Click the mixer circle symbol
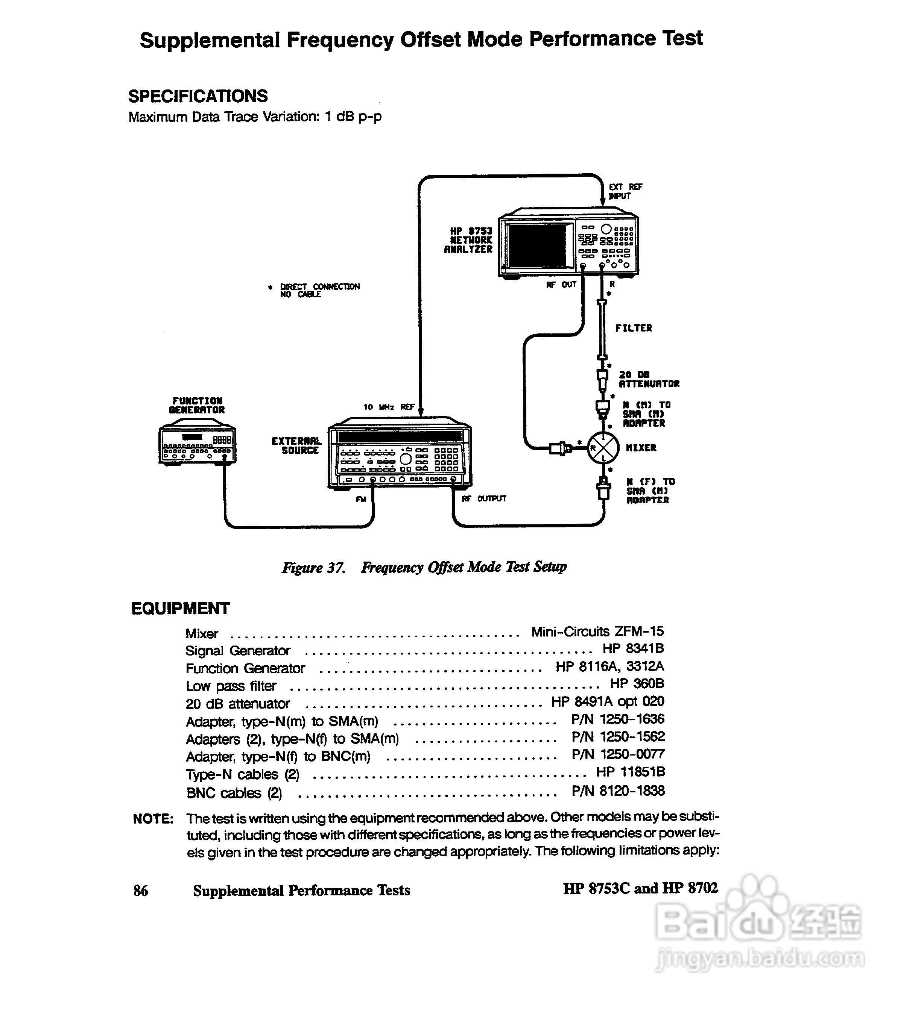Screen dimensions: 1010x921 click(x=603, y=448)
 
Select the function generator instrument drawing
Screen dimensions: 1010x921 click(x=197, y=444)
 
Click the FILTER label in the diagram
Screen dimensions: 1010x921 click(x=634, y=328)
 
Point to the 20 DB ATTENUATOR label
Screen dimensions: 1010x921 click(x=649, y=379)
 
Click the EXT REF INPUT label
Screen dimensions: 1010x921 click(x=625, y=191)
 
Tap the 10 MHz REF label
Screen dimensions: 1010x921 click(x=389, y=407)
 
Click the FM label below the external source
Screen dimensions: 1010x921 click(x=361, y=499)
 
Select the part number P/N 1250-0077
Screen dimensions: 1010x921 click(x=618, y=754)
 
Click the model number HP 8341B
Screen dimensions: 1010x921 click(x=633, y=648)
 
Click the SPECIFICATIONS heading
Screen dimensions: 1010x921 click(x=198, y=96)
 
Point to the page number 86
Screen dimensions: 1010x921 click(x=140, y=890)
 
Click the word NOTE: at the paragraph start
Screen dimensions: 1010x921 click(x=153, y=819)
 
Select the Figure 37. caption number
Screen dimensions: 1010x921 click(x=313, y=568)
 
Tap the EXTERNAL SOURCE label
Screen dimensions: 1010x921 click(x=296, y=445)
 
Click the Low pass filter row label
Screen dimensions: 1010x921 click(x=231, y=686)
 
